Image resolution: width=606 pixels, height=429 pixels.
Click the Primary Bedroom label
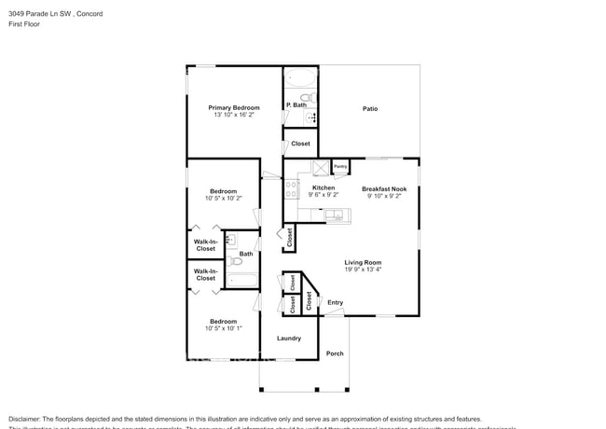tap(234, 108)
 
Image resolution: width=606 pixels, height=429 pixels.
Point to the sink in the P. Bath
tap(310, 118)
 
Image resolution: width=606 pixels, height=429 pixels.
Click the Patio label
tap(370, 109)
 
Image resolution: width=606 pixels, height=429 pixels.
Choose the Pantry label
tap(340, 167)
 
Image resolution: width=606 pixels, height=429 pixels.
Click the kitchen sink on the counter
tap(337, 216)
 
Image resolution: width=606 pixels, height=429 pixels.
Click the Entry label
tap(335, 302)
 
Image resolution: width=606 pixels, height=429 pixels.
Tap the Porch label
tap(334, 353)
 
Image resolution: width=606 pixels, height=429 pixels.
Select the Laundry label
tap(288, 338)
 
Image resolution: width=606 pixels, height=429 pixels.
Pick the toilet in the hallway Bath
tap(235, 261)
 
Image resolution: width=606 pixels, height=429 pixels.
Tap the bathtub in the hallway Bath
tap(241, 279)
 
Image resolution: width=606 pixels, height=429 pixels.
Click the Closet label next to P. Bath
tap(300, 144)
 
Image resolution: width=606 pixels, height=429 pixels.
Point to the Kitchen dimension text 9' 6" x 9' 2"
tap(324, 195)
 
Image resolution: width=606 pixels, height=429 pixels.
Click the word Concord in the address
tap(90, 14)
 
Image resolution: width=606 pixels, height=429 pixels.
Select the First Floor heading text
tap(24, 25)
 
